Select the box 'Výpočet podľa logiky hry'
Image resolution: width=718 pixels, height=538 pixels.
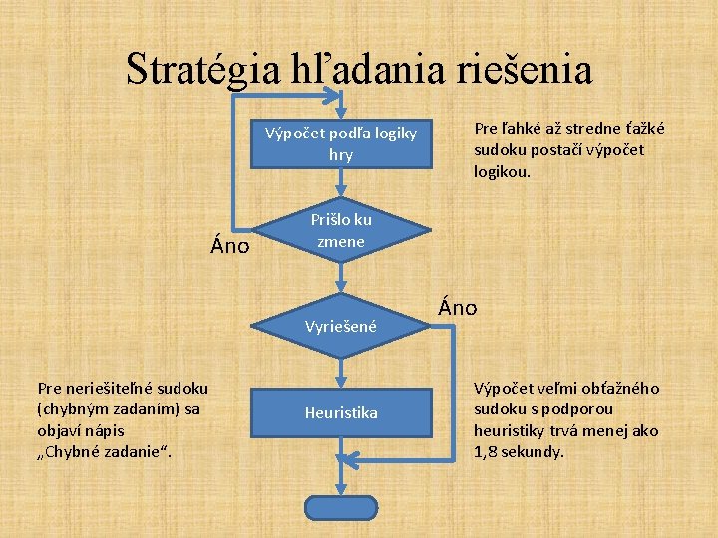pos(341,145)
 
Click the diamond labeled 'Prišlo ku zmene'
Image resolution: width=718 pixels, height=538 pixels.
pos(341,231)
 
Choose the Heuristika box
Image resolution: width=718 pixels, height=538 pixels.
pos(341,411)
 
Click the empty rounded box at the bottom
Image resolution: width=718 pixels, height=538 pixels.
pos(341,506)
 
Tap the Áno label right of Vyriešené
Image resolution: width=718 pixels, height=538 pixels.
pos(457,308)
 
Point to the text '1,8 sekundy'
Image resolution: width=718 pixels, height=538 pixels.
pos(519,451)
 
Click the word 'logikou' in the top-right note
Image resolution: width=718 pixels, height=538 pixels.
pos(502,170)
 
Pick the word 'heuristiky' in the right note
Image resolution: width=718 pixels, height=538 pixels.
pos(510,430)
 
